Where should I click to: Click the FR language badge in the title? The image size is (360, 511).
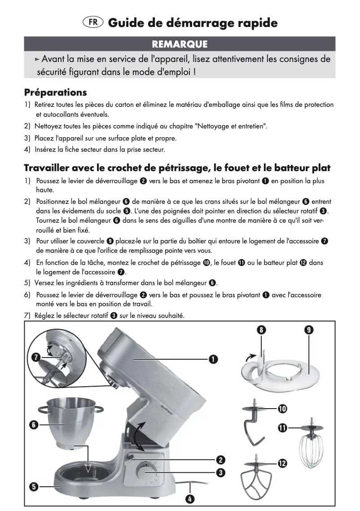(x=93, y=22)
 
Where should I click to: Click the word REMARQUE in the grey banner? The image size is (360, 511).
(x=180, y=44)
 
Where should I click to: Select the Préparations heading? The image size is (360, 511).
(x=55, y=93)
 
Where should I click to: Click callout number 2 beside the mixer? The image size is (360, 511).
(x=220, y=460)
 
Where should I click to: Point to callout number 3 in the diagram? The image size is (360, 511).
(x=220, y=472)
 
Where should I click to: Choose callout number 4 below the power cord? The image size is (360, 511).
(x=190, y=498)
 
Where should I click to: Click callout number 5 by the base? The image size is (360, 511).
(x=33, y=486)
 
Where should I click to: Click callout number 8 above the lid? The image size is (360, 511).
(x=260, y=330)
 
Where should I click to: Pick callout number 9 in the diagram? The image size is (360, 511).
(x=309, y=330)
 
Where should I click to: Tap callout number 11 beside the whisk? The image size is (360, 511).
(x=282, y=428)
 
